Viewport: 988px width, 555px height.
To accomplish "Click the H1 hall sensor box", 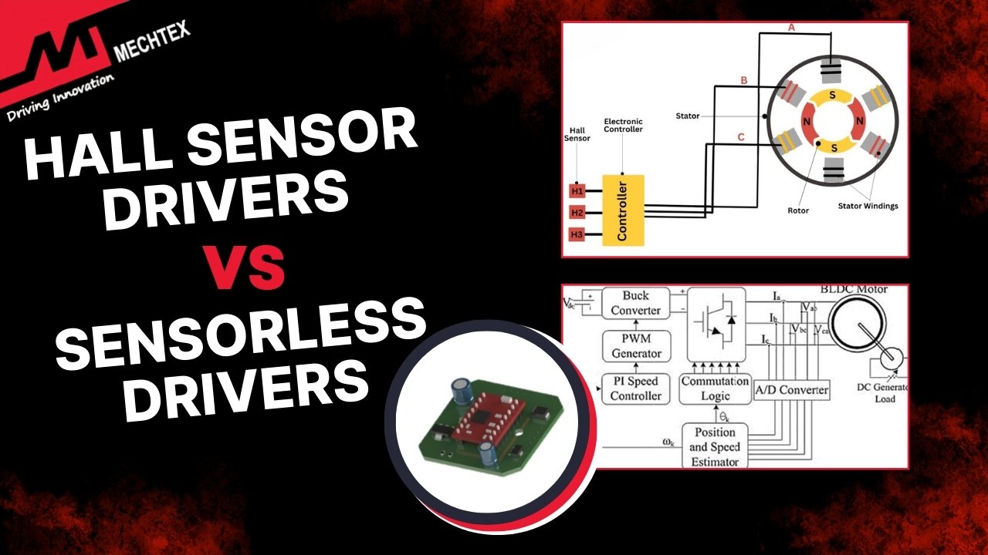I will [x=577, y=190].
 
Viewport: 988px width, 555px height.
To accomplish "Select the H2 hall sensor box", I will [x=577, y=212].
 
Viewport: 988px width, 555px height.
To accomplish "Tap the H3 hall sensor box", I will [x=577, y=234].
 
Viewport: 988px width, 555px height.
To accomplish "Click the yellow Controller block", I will [x=622, y=210].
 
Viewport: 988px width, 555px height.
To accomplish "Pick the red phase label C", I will [x=742, y=138].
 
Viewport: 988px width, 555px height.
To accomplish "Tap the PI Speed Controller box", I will [x=635, y=389].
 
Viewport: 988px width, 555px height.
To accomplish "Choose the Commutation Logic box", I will [x=715, y=389].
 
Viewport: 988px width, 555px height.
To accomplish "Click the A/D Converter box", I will [x=791, y=390].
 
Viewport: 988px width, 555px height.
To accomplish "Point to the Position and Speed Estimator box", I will [x=714, y=447].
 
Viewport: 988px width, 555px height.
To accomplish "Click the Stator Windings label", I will [x=868, y=206].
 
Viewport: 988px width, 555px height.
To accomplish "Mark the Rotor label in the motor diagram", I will [x=798, y=210].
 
